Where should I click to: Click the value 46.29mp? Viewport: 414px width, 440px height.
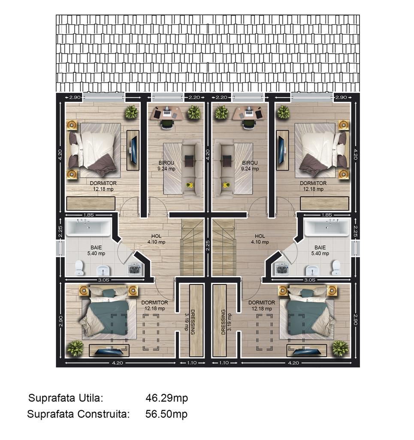pyautogui.click(x=167, y=398)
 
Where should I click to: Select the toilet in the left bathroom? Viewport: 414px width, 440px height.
pyautogui.click(x=79, y=268)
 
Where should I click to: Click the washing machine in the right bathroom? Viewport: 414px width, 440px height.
pyautogui.click(x=281, y=269)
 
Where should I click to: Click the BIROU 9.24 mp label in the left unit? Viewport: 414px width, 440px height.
pyautogui.click(x=166, y=166)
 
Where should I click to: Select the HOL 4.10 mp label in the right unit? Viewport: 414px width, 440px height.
pyautogui.click(x=260, y=239)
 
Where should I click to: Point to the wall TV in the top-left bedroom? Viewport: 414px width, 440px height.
pyautogui.click(x=133, y=150)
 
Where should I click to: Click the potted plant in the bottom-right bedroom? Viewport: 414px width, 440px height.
pyautogui.click(x=340, y=348)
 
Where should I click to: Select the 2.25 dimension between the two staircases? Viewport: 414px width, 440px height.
pyautogui.click(x=208, y=245)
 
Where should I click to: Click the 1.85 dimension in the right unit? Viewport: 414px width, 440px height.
pyautogui.click(x=326, y=215)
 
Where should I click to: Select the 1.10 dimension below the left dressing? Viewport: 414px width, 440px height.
pyautogui.click(x=192, y=363)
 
